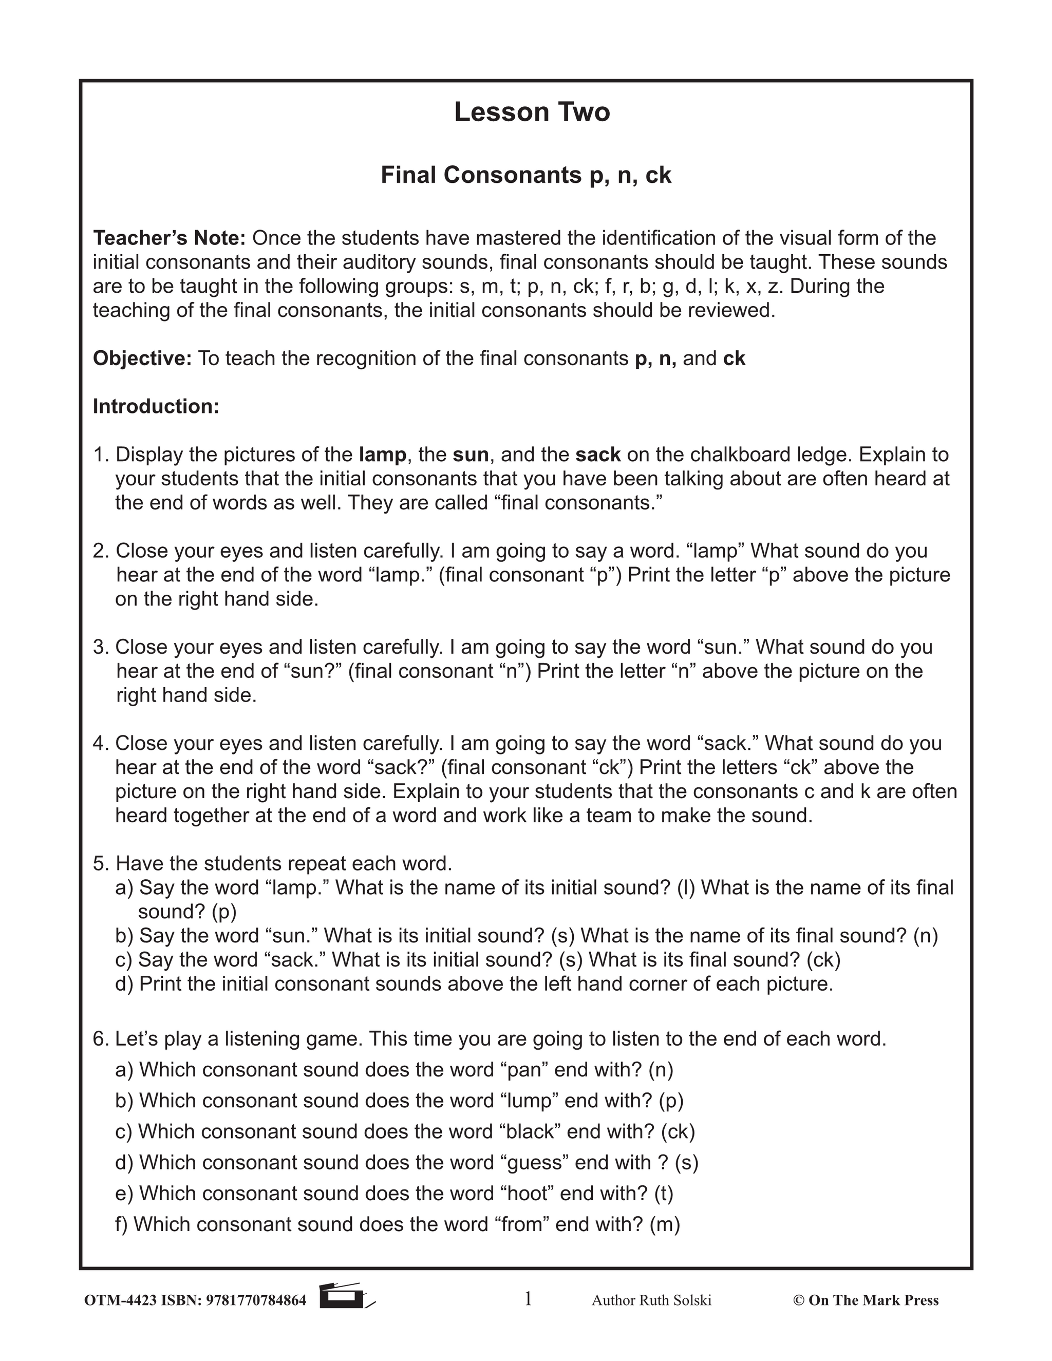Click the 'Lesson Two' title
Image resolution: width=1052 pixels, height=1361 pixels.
pos(532,112)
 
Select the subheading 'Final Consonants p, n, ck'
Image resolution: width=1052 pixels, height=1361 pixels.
pos(525,176)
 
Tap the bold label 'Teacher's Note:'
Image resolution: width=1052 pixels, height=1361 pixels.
pos(170,238)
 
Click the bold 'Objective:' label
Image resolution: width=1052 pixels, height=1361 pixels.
pos(142,358)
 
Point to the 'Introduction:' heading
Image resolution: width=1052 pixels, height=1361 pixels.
pos(156,406)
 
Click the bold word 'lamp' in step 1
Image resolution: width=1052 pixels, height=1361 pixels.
pos(382,455)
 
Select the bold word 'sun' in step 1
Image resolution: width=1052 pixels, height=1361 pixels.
pos(471,455)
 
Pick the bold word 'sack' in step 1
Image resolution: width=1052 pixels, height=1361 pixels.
pos(598,455)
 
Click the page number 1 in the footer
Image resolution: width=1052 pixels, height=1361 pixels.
pos(528,1299)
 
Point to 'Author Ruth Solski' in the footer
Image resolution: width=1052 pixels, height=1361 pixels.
pos(651,1300)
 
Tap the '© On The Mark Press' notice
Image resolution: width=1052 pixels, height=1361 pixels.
pos(865,1300)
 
